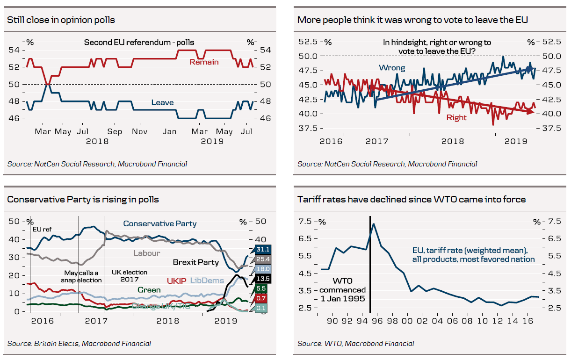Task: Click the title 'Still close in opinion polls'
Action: pos(61,20)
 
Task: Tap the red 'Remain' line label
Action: pos(204,62)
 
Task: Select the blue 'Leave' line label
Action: pos(162,102)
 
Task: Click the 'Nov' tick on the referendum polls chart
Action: pos(140,131)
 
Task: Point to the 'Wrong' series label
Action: pos(392,68)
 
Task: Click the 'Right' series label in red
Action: pos(456,117)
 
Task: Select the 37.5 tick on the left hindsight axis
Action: pos(308,128)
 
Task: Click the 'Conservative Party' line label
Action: pos(160,224)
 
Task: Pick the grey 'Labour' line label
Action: pos(147,253)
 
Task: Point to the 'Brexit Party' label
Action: pos(195,262)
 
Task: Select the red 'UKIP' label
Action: pos(177,281)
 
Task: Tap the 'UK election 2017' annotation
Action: pos(129,276)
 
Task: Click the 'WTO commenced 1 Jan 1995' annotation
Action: pos(343,290)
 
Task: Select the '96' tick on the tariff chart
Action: pos(377,321)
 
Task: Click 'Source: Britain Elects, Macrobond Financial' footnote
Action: pos(79,344)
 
